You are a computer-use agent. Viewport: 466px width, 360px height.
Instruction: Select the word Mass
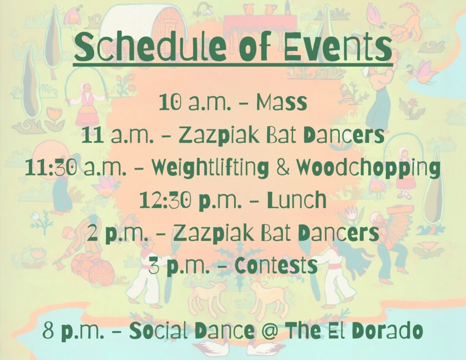(x=281, y=102)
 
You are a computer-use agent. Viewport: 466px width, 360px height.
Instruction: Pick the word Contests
(x=276, y=265)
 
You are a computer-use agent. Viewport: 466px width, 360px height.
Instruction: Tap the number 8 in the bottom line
(x=49, y=330)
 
